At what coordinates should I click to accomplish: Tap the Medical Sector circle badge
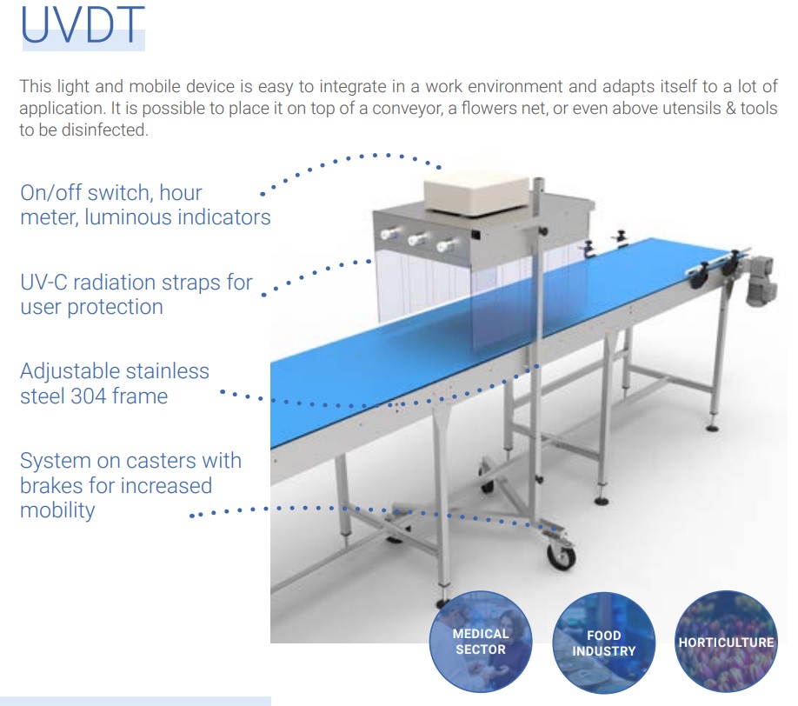tap(481, 642)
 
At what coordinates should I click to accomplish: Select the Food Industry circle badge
tap(603, 643)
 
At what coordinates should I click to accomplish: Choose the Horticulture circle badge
tap(726, 642)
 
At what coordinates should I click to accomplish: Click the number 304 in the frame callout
tap(89, 396)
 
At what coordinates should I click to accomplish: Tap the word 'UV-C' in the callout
tap(43, 283)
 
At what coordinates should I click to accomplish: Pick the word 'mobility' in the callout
tap(57, 510)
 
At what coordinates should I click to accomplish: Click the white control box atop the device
tap(477, 192)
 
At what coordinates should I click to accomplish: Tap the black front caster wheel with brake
tap(561, 556)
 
